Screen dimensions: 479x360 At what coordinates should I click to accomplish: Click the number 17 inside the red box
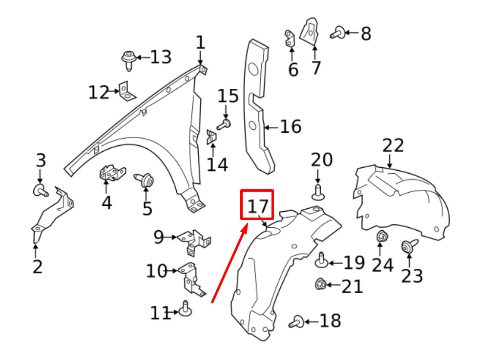[258, 206]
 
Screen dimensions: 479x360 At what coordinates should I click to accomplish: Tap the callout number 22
[393, 145]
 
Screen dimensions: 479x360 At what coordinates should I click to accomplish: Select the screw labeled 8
[337, 32]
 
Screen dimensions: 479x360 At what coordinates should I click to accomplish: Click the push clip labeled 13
[128, 60]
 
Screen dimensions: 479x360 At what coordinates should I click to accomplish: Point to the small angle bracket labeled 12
[126, 91]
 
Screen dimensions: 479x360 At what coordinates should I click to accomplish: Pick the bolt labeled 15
[224, 124]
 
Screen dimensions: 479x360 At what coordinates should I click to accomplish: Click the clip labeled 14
[212, 137]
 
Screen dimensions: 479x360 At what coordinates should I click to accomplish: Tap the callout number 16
[291, 126]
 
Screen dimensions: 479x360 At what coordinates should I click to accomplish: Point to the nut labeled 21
[320, 284]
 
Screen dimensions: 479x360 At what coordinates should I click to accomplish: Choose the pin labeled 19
[321, 260]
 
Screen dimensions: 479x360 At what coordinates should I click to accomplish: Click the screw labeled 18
[296, 322]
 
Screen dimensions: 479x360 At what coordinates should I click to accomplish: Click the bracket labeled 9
[194, 242]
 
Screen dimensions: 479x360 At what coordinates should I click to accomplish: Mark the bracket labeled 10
[191, 279]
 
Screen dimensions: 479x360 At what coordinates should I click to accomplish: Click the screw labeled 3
[41, 190]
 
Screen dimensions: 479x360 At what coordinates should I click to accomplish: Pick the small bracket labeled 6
[290, 39]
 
